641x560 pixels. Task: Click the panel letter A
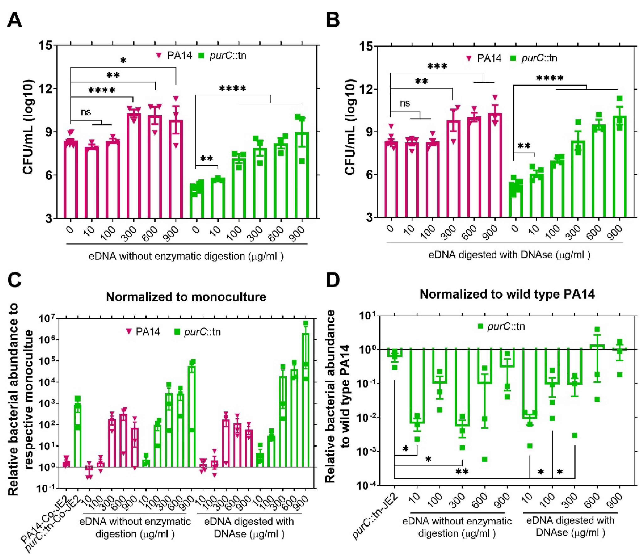tap(15, 21)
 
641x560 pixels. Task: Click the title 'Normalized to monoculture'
tap(186, 297)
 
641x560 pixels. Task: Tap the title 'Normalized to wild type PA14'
tap(507, 294)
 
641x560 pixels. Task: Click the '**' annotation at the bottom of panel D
tap(462, 472)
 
